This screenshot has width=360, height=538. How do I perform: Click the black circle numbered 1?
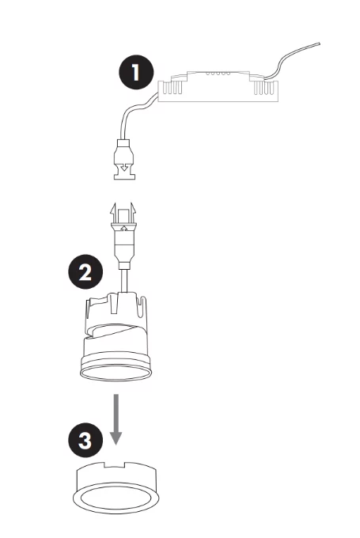coord(136,72)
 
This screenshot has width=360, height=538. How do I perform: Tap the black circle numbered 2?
coord(85,271)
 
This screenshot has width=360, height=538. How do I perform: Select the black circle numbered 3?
coord(85,440)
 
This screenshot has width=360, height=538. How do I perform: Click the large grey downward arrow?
coord(116,419)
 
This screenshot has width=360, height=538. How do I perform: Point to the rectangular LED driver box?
coord(218,88)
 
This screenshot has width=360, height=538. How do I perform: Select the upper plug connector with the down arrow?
coord(124,159)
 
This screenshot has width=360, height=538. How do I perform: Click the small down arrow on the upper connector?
coord(125,168)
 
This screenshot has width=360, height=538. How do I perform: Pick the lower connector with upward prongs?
coord(123,236)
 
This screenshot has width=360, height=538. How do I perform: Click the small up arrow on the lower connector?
coord(124,226)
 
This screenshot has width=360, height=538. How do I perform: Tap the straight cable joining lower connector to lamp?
coord(124,281)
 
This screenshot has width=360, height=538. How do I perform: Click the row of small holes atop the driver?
coord(218,74)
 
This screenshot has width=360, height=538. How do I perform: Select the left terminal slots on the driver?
coord(172,88)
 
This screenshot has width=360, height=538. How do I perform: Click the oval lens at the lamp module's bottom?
coord(116,373)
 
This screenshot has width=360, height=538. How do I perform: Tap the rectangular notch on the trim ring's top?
coord(115,464)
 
